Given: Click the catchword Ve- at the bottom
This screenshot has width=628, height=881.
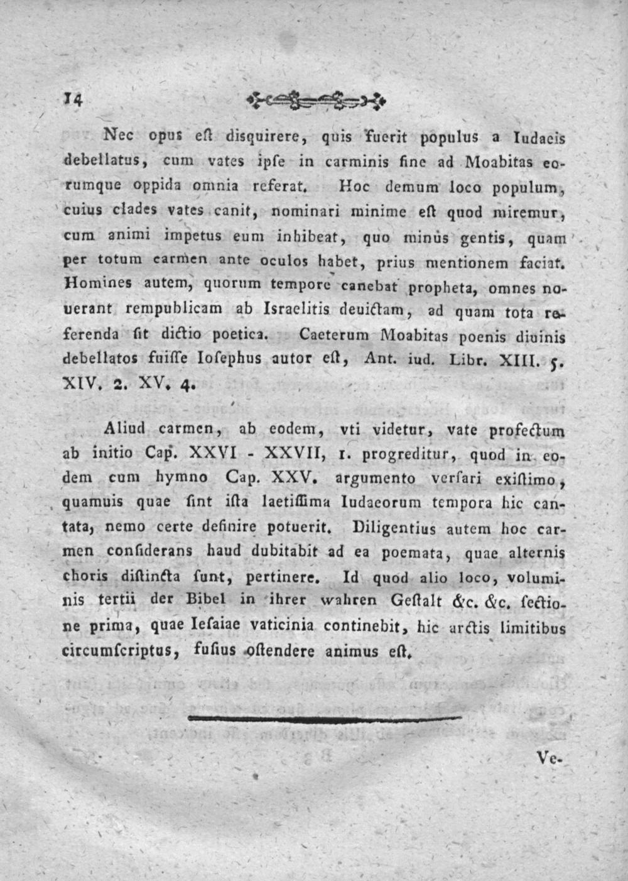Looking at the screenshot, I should pos(551,758).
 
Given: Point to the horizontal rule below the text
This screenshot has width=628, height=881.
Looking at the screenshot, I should pos(325,718).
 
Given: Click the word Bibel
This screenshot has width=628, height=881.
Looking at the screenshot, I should pos(204,600).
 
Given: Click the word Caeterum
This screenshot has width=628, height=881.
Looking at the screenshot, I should pos(333,335).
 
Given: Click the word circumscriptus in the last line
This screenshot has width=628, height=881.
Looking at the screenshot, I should pos(116,651).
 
